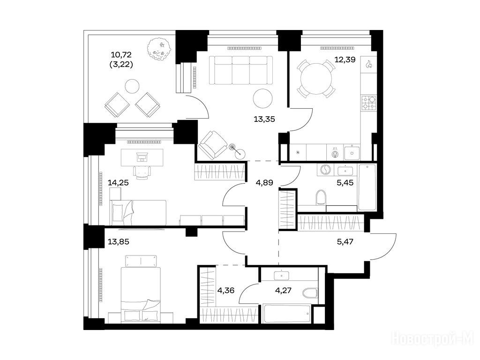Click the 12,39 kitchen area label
(345, 60)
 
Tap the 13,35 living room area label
(264, 119)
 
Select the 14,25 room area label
(118, 183)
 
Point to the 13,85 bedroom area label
(119, 241)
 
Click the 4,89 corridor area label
(264, 183)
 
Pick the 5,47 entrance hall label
(345, 241)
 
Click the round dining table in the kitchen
(316, 79)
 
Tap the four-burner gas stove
(368, 103)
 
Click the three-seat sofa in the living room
(241, 70)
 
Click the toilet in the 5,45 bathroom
(321, 197)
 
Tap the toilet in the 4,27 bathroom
(310, 292)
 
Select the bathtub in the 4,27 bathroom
(287, 313)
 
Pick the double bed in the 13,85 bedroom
(141, 294)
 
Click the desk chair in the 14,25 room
(142, 172)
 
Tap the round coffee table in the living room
(262, 98)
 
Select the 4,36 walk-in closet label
(226, 290)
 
